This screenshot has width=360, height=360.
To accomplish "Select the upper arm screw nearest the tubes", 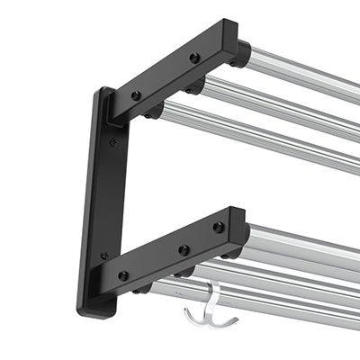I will coord(194,58).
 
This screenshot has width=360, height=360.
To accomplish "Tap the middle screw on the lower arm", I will coord(184,249).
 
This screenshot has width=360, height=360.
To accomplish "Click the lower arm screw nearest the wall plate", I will coord(123,275).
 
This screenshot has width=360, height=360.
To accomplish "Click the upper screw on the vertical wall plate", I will coord(112,141).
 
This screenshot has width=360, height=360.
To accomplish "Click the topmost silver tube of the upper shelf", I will coord(306,72).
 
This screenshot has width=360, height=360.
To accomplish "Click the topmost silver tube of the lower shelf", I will coord(306,243).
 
